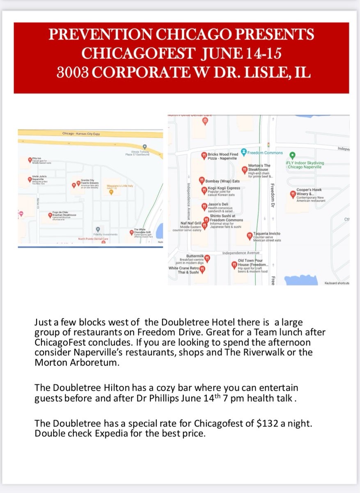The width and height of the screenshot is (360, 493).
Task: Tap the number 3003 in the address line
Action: tap(73, 73)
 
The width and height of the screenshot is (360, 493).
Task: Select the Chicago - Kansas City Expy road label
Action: tap(81, 134)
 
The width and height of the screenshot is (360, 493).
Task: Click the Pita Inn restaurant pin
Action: tap(29, 159)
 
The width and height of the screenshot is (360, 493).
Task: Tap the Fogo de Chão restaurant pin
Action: tap(50, 214)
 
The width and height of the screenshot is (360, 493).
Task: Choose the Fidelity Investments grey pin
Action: tap(98, 229)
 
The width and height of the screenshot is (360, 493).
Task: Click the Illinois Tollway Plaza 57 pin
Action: tap(144, 147)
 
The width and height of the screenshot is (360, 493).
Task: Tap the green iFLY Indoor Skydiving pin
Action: tap(292, 155)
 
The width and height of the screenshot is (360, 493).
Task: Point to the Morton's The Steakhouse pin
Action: tap(245, 168)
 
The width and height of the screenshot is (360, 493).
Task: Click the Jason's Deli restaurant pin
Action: tap(204, 207)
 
